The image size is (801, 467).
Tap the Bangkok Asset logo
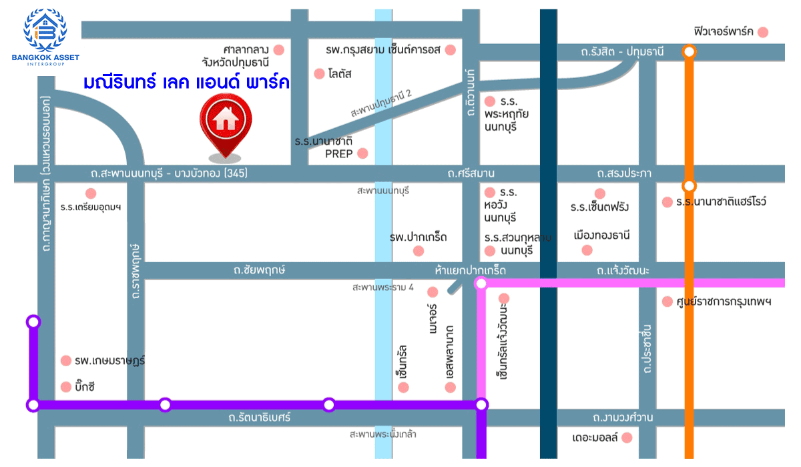(x=45, y=36)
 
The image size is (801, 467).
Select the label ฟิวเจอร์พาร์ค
(x=724, y=31)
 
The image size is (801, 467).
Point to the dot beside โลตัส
(x=319, y=73)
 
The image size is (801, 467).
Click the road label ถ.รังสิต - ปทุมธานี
(x=622, y=51)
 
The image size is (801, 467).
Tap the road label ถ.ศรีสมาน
(x=473, y=174)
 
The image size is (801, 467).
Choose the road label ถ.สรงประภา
(x=624, y=174)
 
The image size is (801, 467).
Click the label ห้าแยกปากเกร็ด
(x=470, y=270)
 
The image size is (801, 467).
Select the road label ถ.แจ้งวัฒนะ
(x=623, y=270)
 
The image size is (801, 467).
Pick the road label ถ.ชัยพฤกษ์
(x=260, y=270)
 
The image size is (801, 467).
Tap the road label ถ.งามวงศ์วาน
(x=622, y=418)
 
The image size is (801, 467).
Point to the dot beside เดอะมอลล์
(x=626, y=438)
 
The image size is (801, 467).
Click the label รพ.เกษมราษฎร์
(x=110, y=361)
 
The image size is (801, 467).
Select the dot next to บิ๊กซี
(x=65, y=387)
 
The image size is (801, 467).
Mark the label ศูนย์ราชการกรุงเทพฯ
(x=725, y=302)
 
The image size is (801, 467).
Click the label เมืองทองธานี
(x=602, y=236)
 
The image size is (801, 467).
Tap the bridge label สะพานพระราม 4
(x=383, y=288)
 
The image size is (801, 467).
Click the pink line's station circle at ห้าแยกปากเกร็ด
(x=481, y=284)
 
